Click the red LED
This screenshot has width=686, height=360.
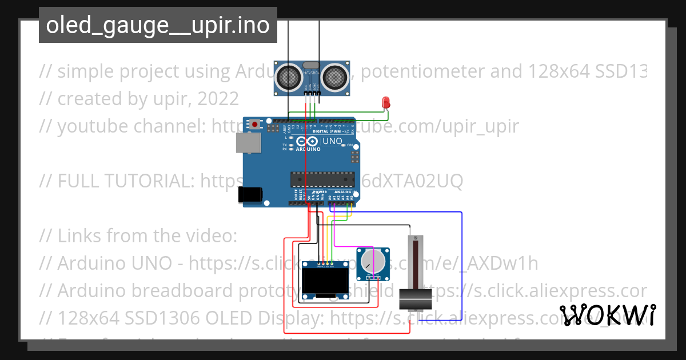(x=386, y=103)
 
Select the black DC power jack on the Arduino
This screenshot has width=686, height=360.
(x=250, y=194)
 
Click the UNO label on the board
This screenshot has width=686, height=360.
(x=333, y=141)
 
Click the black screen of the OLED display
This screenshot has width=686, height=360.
(x=325, y=282)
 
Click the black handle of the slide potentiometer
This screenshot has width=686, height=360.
(x=416, y=297)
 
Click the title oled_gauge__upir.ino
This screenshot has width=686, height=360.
(x=158, y=25)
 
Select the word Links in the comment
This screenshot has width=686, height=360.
(x=79, y=235)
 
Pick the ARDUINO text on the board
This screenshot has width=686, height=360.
(x=309, y=149)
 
